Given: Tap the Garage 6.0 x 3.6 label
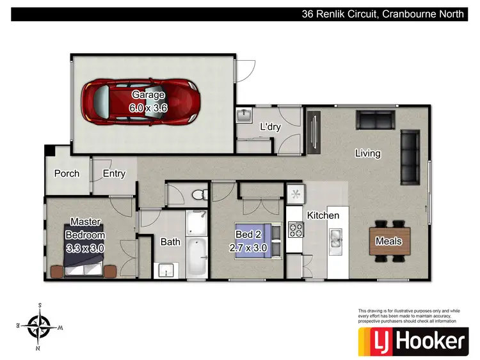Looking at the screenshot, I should click(x=148, y=102).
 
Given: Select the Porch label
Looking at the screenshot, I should click(x=67, y=173).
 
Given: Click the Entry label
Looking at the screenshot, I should click(x=114, y=173).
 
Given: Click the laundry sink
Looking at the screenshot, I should click(x=244, y=116).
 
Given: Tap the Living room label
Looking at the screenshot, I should click(x=367, y=153).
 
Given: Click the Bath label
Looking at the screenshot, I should click(x=170, y=242).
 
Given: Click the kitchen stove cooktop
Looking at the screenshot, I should click(x=296, y=228).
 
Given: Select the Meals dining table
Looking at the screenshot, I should click(x=388, y=241).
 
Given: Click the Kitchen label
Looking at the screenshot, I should click(x=323, y=215).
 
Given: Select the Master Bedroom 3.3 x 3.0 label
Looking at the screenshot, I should click(x=85, y=235).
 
